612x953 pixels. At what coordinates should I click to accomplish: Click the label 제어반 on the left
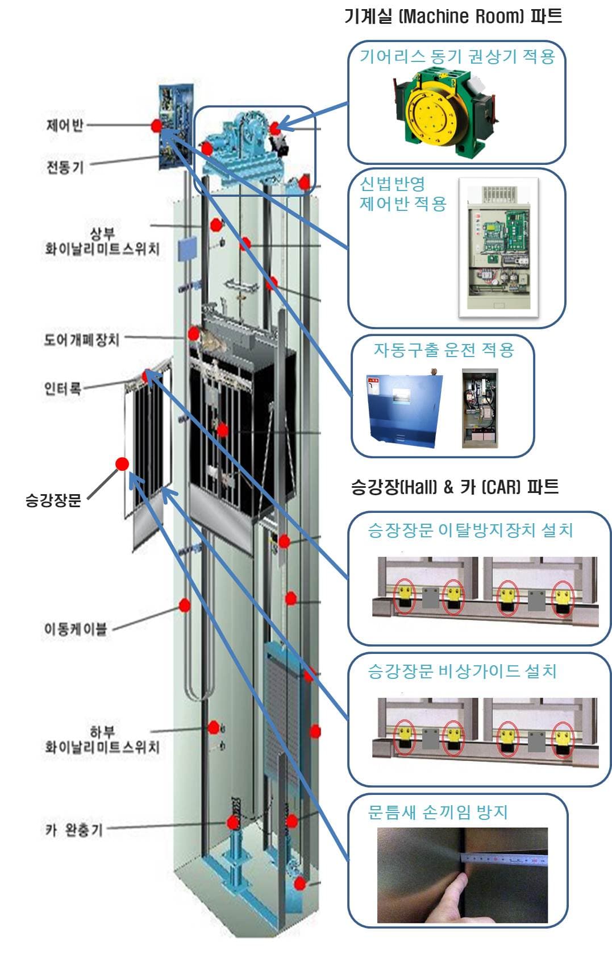[64, 125]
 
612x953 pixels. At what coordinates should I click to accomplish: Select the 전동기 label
[64, 167]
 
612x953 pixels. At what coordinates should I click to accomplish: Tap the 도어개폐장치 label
[82, 339]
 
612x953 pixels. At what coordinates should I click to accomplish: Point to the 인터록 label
[63, 388]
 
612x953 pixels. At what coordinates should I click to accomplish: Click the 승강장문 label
[53, 500]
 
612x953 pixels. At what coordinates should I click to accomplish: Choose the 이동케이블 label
[76, 629]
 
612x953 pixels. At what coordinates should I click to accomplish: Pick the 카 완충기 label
[74, 830]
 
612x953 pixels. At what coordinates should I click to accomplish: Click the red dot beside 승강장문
[122, 464]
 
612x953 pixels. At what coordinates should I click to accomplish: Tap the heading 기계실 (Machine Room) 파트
[453, 16]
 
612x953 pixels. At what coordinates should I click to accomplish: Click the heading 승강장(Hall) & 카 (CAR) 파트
[455, 487]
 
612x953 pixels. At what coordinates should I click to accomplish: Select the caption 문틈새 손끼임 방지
[437, 812]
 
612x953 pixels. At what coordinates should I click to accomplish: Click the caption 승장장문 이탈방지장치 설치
[470, 530]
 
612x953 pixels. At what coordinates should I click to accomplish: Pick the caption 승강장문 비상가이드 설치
[461, 671]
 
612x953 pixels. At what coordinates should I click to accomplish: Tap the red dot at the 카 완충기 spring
[232, 822]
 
